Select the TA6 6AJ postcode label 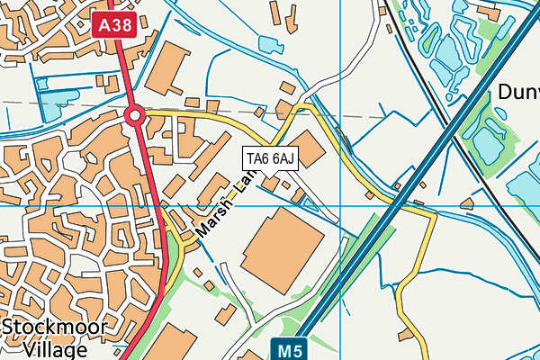coord(270,159)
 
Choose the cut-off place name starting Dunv coord(517,92)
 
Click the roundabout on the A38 coord(136,115)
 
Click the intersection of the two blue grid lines coord(342,205)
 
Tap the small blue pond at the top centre coord(269,42)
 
